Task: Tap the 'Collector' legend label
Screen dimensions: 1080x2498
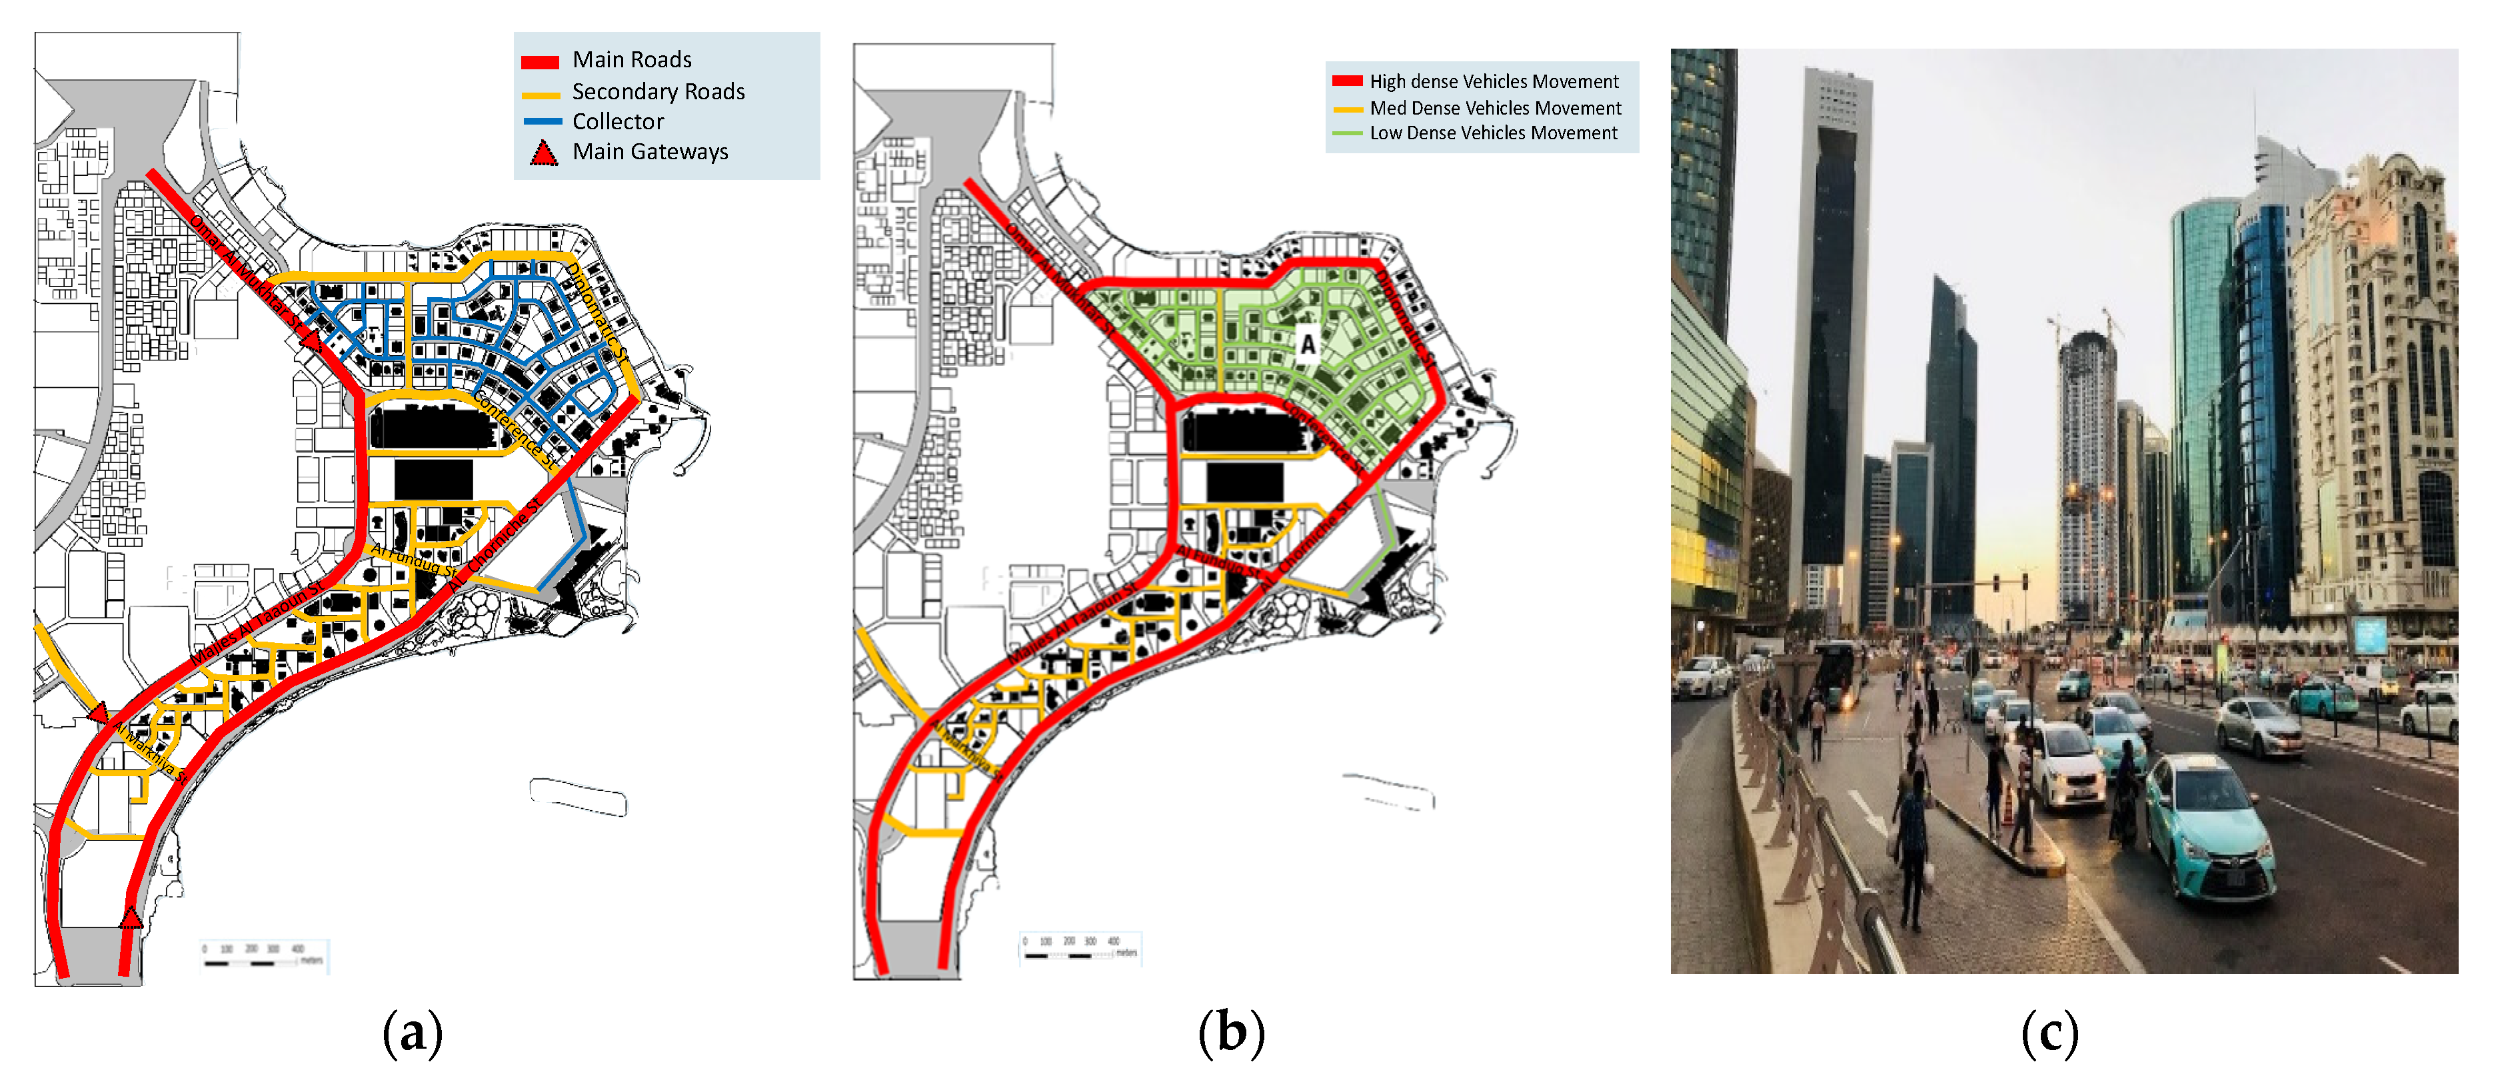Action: pos(618,122)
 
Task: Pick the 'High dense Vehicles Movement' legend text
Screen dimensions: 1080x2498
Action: pos(1494,81)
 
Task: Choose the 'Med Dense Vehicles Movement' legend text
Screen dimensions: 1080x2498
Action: pos(1494,108)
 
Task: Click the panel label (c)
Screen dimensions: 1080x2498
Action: pos(2049,1033)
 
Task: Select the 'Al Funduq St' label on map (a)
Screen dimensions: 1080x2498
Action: pos(414,560)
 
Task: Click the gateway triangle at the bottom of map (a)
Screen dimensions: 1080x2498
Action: pos(130,916)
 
